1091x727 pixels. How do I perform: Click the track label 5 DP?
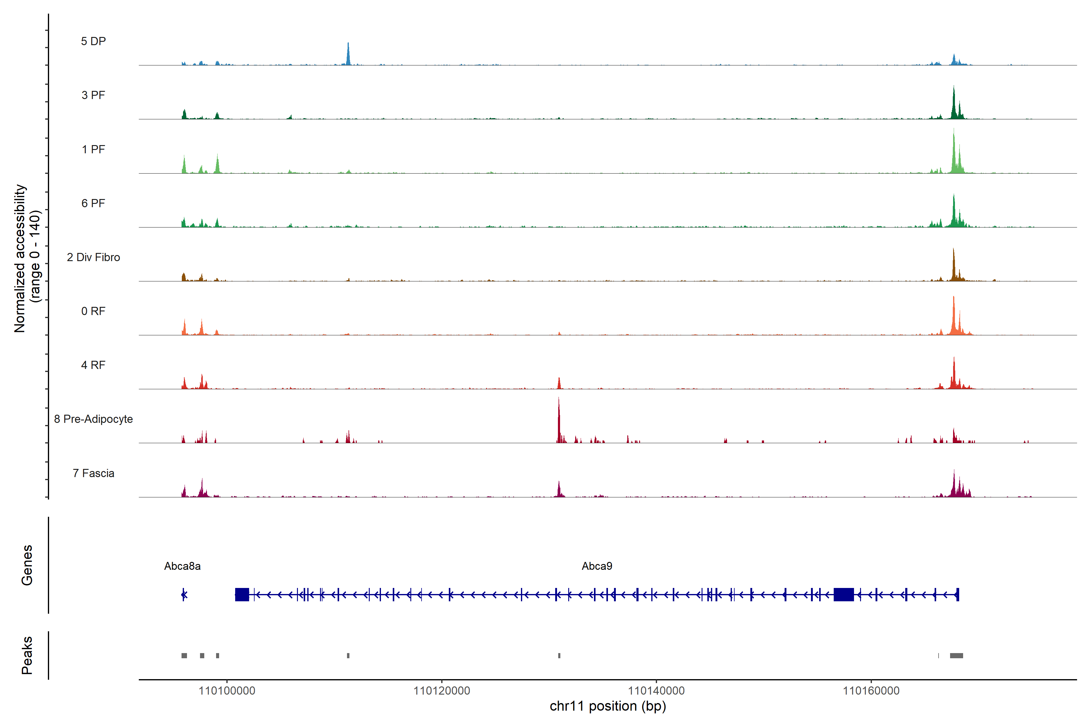[93, 41]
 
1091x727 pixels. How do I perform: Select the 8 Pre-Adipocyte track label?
[93, 419]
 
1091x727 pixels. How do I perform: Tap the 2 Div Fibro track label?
[93, 257]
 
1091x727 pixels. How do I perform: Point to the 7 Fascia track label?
[93, 473]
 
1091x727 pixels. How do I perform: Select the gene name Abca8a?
[182, 566]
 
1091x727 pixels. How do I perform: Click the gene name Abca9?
[597, 566]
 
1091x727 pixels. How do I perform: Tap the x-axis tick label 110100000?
[227, 691]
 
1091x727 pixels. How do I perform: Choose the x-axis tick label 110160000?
[871, 691]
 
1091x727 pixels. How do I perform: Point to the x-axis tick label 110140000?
[656, 691]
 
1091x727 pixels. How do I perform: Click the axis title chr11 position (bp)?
[608, 706]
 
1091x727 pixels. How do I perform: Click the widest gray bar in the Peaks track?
[956, 656]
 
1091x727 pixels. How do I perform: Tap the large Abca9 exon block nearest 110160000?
[843, 594]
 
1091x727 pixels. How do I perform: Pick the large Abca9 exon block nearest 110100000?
[242, 594]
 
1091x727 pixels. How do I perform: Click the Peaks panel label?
[27, 655]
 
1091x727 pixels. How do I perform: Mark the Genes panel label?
[27, 565]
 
